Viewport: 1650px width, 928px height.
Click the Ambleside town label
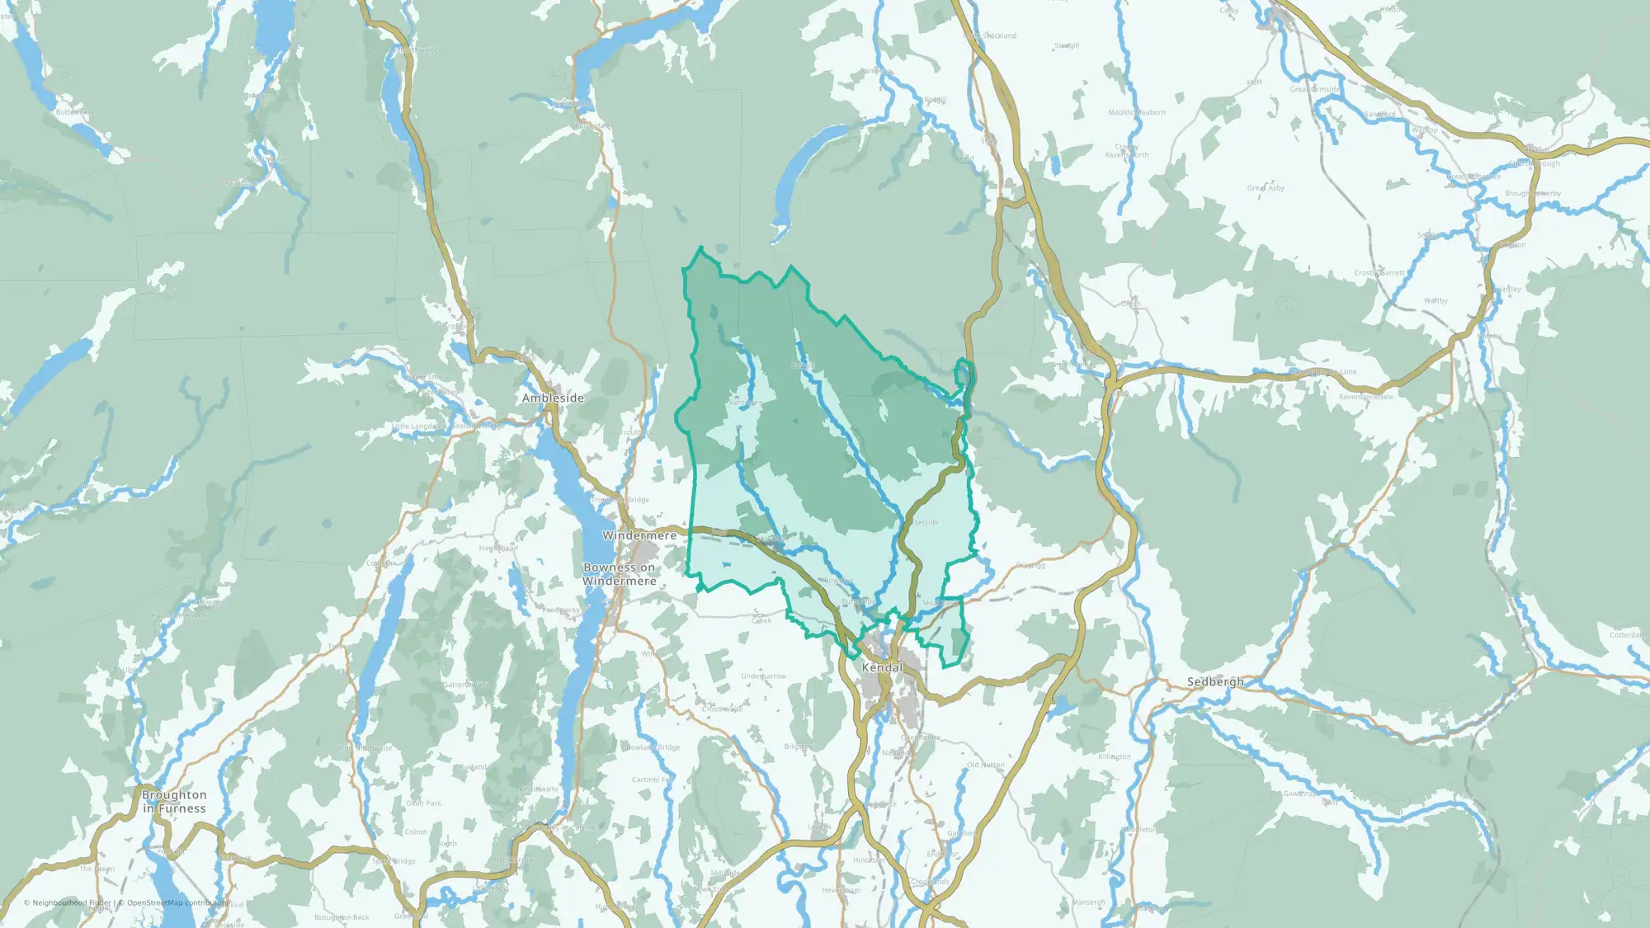pos(552,398)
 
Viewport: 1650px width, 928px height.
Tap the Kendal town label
pos(882,667)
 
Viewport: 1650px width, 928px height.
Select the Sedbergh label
pos(1214,681)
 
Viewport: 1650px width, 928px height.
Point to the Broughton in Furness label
pos(174,801)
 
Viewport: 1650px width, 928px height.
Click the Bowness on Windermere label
pos(620,574)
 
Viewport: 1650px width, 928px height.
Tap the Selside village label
pos(926,522)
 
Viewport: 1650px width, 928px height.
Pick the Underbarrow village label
pos(763,676)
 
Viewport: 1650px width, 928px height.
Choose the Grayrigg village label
pos(1030,565)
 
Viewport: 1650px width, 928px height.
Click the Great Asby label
pos(1266,188)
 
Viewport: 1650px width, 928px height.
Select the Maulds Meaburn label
pos(1137,112)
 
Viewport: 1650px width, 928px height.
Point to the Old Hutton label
pos(986,765)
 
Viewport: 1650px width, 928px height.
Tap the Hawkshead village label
pos(498,548)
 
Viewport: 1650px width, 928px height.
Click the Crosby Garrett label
pos(1379,272)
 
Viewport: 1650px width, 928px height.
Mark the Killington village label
pos(1115,756)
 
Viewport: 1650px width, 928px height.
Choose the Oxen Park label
pos(423,803)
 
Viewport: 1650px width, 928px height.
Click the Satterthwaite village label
pos(467,685)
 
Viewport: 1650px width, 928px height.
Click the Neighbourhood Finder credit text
pos(68,902)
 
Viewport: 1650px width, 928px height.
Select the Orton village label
pos(1130,304)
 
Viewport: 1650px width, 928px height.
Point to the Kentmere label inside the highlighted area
pos(744,403)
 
